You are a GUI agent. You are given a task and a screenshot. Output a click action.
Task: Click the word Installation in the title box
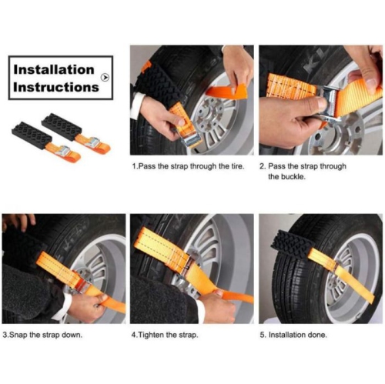tap(54, 69)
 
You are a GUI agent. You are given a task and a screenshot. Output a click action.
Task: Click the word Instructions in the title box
tap(57, 86)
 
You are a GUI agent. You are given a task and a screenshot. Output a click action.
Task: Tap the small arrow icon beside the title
tap(105, 77)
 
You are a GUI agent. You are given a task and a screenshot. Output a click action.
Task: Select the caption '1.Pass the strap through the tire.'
tap(188, 166)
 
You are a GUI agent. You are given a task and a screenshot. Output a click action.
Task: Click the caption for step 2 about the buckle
tap(303, 171)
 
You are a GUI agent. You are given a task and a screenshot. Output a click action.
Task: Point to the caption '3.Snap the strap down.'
tap(42, 335)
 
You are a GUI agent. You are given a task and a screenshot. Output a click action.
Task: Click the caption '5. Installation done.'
tap(293, 335)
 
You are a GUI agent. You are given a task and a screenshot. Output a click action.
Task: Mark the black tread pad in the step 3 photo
tap(27, 246)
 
